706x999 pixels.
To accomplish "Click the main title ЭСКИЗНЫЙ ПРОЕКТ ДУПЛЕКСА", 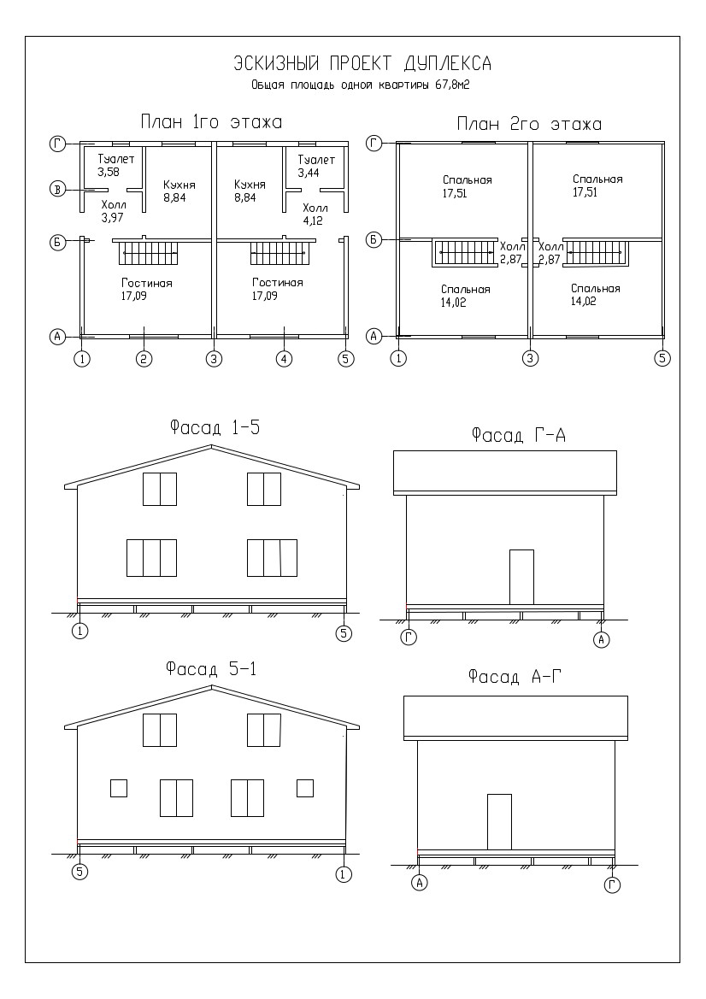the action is point(362,64).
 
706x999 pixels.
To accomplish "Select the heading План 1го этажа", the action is point(211,121).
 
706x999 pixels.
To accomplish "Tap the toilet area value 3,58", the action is point(109,172).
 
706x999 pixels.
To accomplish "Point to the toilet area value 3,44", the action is point(309,173).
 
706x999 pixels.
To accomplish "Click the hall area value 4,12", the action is point(314,221).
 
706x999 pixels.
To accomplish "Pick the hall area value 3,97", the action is point(112,217).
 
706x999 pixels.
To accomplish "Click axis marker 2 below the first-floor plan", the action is point(144,359).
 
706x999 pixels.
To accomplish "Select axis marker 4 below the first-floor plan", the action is point(284,359).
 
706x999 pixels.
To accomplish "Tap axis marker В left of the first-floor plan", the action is point(58,189).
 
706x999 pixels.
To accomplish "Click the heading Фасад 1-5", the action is point(215,427).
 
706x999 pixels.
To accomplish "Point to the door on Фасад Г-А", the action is point(521,577).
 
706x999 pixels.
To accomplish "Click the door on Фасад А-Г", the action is point(499,821).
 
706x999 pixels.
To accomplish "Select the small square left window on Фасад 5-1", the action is point(119,788).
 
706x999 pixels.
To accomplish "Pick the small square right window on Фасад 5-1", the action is point(304,788).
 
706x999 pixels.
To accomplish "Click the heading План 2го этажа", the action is point(529,124).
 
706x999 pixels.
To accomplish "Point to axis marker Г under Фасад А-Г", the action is point(612,884).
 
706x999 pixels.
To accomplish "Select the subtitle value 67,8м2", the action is point(452,85).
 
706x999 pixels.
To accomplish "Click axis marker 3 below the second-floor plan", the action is point(530,358).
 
